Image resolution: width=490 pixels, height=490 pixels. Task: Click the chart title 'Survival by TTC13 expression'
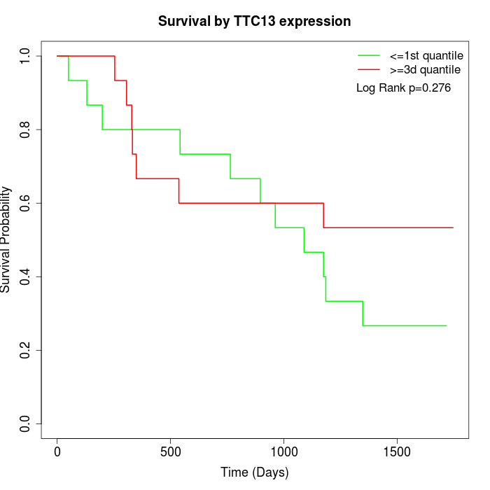click(254, 21)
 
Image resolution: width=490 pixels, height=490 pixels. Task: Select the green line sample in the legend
click(368, 55)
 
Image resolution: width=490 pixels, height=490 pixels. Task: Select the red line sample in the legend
click(368, 70)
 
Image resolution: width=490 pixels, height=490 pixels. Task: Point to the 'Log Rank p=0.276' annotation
click(403, 88)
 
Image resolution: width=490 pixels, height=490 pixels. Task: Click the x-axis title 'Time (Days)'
click(254, 472)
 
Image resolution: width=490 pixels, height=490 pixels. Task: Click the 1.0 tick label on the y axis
click(26, 56)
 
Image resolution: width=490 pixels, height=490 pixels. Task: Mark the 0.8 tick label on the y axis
click(26, 129)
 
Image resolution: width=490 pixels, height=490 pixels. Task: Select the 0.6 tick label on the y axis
click(26, 203)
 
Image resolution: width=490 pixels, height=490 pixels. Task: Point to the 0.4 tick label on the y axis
click(26, 276)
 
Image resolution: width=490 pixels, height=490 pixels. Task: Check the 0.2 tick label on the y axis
click(26, 350)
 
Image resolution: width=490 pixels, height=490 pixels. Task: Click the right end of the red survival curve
click(453, 227)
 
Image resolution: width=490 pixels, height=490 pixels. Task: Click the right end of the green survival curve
click(446, 325)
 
